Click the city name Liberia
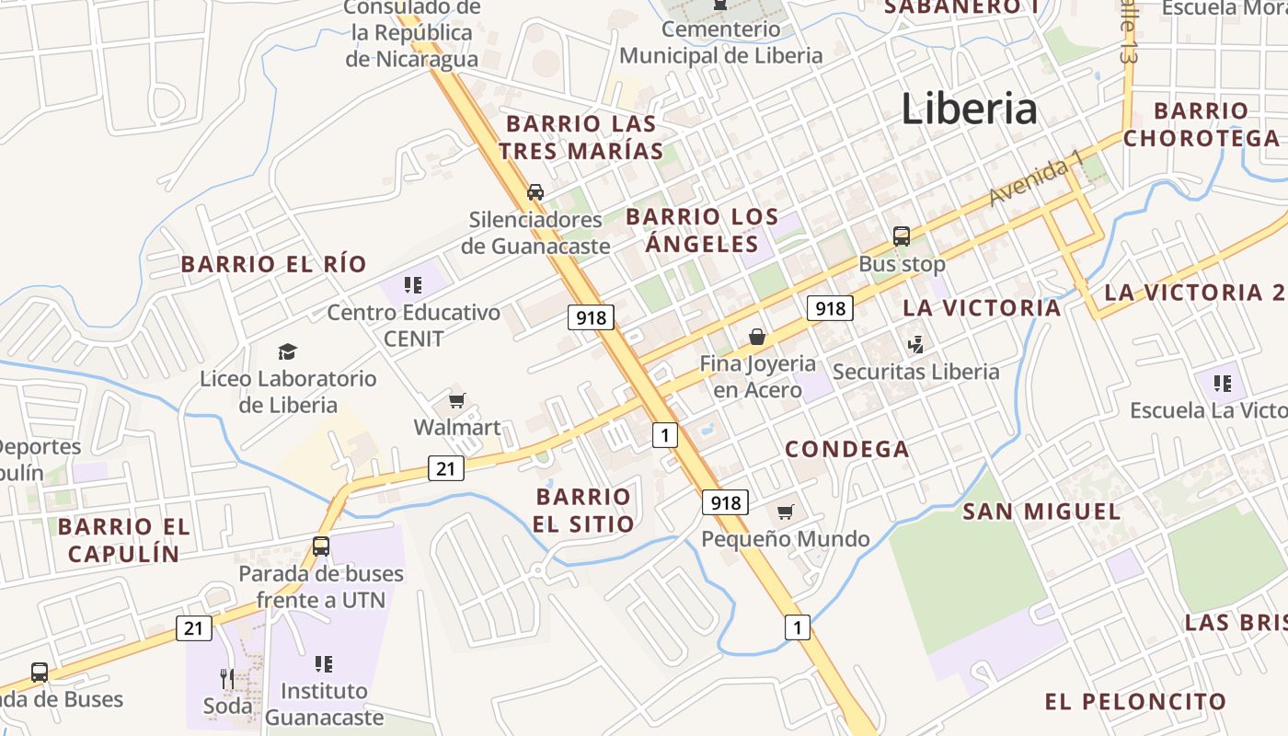[x=969, y=109]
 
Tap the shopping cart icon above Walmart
[x=456, y=400]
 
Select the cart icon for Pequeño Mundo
[x=785, y=512]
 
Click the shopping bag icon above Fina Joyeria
[x=757, y=337]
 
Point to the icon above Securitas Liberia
[x=915, y=345]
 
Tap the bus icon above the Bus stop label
[x=902, y=236]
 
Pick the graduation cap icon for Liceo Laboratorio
[x=288, y=351]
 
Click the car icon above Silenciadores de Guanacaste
[x=535, y=192]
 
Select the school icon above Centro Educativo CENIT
[x=413, y=285]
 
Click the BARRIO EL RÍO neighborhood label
[x=273, y=264]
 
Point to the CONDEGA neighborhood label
[x=846, y=449]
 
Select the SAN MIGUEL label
[x=1041, y=512]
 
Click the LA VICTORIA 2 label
[x=1194, y=293]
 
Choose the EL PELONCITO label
[x=1135, y=702]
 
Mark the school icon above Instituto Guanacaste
[x=323, y=663]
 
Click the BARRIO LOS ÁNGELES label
[x=701, y=230]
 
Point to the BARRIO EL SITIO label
[x=583, y=511]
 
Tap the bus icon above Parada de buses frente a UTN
[x=320, y=546]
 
